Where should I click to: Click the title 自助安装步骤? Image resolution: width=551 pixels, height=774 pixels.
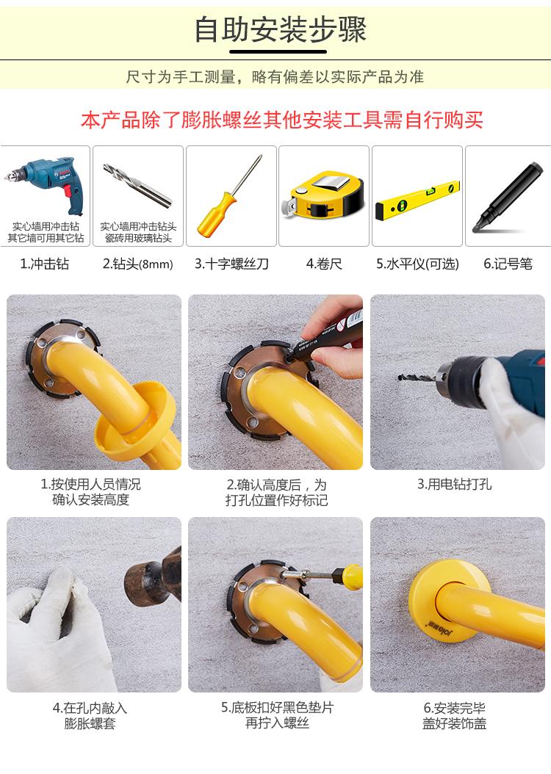click(x=280, y=29)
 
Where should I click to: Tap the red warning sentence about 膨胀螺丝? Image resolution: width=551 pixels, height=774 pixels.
click(x=282, y=120)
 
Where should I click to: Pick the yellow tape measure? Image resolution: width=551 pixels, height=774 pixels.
click(x=323, y=194)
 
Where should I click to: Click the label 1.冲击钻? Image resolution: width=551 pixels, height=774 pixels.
click(x=44, y=264)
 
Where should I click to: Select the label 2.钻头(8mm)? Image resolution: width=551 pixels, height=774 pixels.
click(x=138, y=264)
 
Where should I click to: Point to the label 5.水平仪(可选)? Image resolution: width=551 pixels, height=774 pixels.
click(x=418, y=264)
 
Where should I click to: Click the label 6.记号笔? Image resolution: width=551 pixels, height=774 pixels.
click(x=508, y=264)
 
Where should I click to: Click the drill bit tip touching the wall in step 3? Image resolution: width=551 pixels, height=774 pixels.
click(x=400, y=378)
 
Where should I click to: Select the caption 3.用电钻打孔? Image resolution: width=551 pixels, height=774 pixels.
click(x=454, y=484)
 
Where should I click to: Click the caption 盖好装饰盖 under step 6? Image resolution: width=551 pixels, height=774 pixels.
click(x=454, y=723)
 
